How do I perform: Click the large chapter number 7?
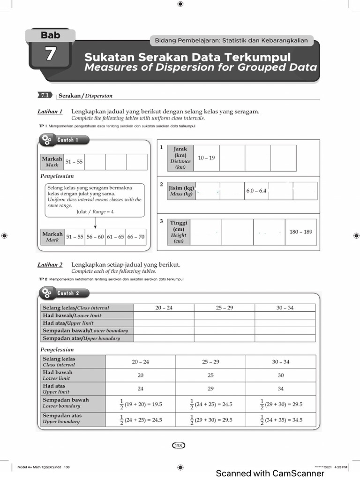click(x=50, y=54)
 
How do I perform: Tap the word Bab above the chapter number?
click(x=50, y=35)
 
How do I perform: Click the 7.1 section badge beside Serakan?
click(x=45, y=95)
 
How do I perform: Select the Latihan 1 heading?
click(x=50, y=112)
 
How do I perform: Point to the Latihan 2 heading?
click(x=50, y=265)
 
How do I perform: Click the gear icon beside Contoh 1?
click(x=47, y=140)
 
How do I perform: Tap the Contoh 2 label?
click(x=68, y=293)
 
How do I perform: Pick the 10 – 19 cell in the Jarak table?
click(x=206, y=158)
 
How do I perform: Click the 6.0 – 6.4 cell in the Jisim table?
click(x=256, y=191)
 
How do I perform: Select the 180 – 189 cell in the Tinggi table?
click(x=300, y=232)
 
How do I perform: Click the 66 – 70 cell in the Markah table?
click(x=136, y=237)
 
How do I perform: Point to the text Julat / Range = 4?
click(x=95, y=211)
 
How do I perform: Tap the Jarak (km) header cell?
click(x=180, y=158)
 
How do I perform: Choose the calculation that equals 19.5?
click(x=140, y=404)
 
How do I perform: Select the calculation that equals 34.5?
click(x=281, y=420)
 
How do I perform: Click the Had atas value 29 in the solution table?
click(x=210, y=389)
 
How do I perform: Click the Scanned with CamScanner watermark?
click(x=270, y=473)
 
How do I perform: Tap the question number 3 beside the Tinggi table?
click(x=161, y=221)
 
